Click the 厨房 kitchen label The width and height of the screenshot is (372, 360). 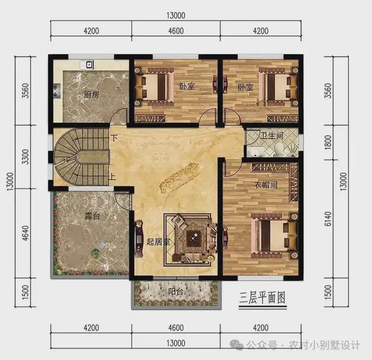tap(91, 95)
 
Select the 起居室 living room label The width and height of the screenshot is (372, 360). tap(158, 242)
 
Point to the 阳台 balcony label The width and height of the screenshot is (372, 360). tap(176, 292)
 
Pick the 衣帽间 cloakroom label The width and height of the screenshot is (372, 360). tap(266, 185)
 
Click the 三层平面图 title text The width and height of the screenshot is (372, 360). tap(263, 298)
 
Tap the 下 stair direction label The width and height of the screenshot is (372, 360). tap(115, 138)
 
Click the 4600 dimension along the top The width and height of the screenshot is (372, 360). tap(176, 31)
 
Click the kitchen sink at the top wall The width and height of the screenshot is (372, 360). tap(90, 64)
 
